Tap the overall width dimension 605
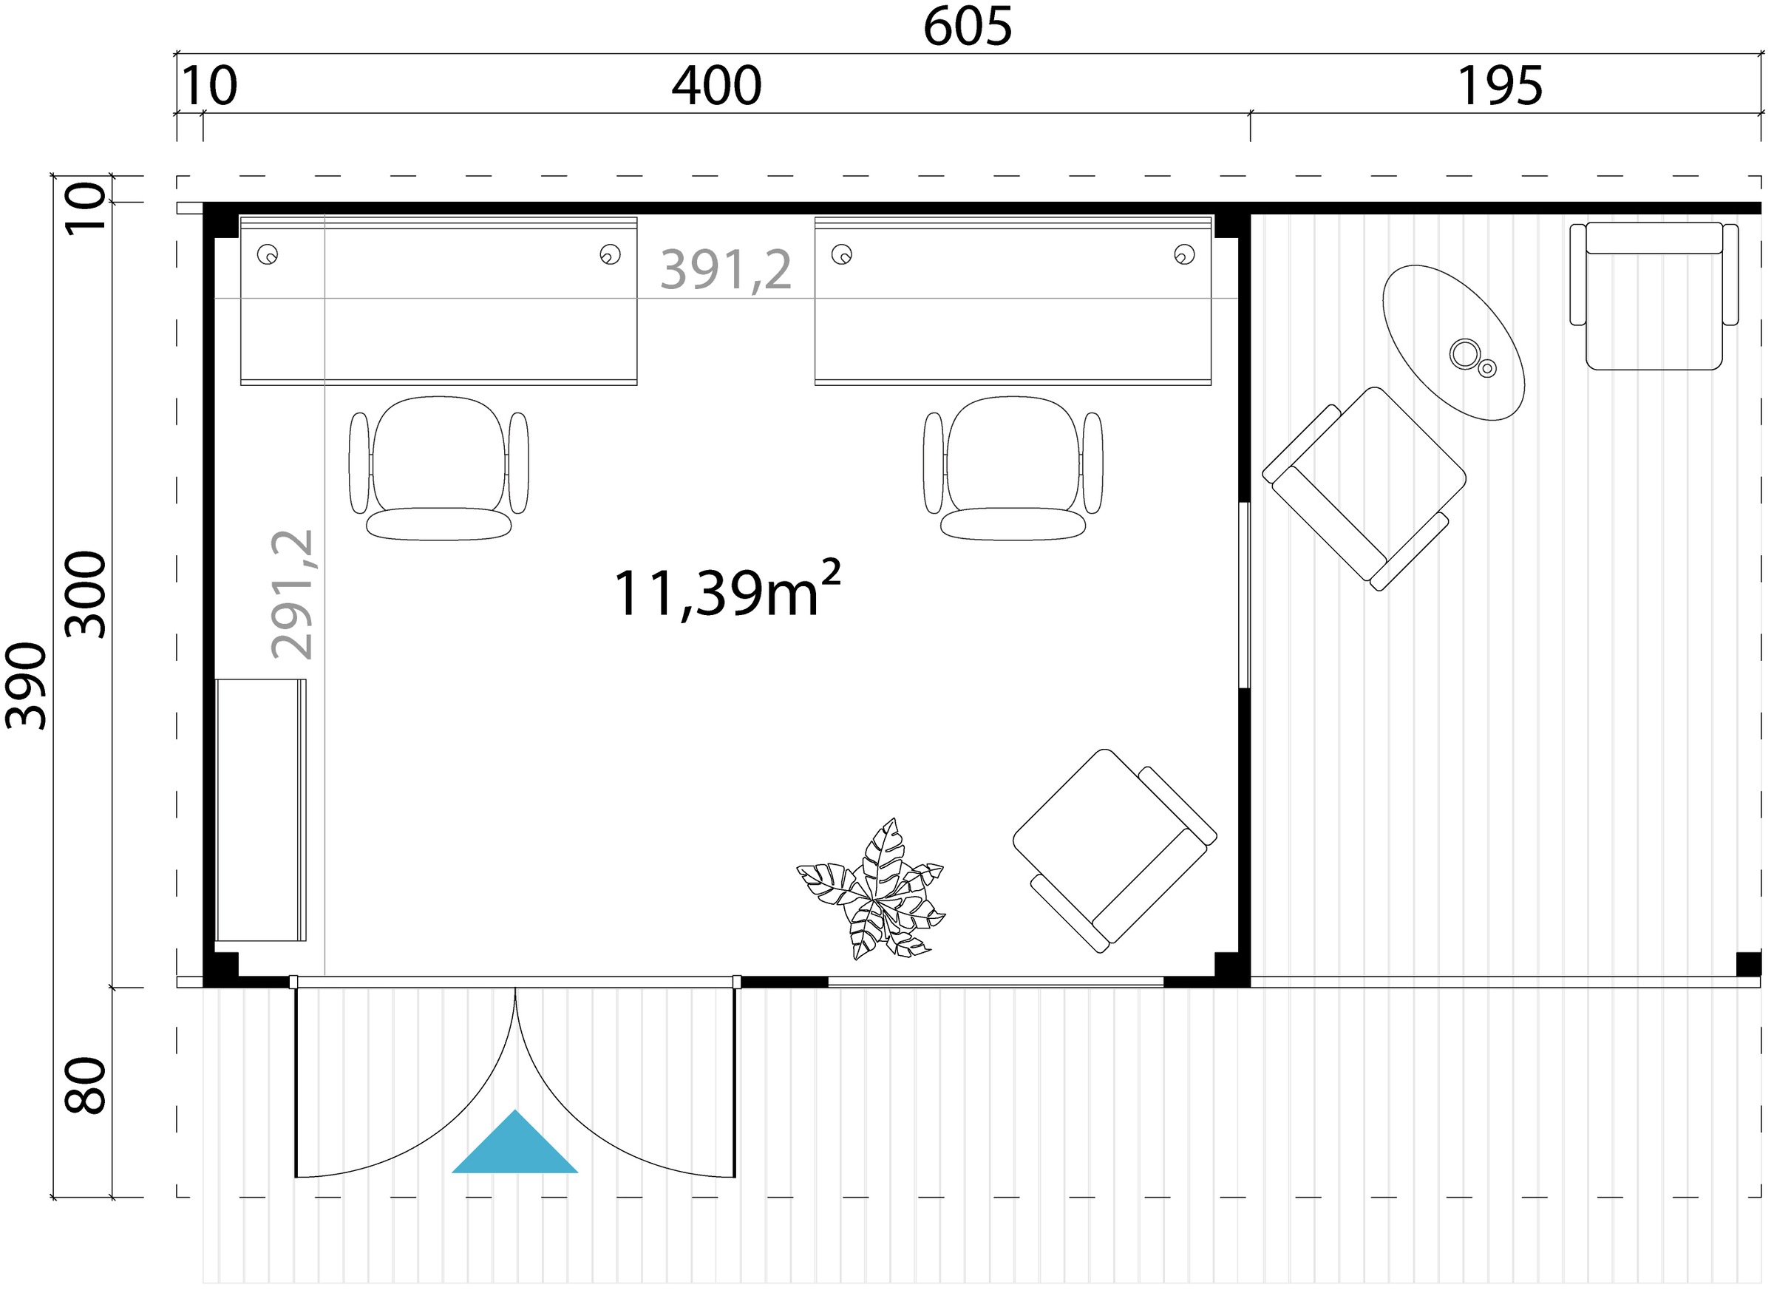pos(968,26)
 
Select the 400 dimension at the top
pos(716,86)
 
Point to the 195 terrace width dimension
pos(1501,86)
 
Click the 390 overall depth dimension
pos(26,686)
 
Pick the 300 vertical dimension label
pos(85,594)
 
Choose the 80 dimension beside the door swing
pos(85,1085)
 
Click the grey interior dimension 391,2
pos(726,270)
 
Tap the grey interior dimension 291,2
pos(292,594)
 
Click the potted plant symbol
pos(872,889)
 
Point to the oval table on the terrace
pos(1453,342)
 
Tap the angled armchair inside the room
pos(1115,850)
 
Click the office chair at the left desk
pos(439,468)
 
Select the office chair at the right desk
pos(1013,468)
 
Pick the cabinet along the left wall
pos(260,809)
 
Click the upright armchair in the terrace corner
pos(1654,296)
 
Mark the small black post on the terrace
pos(1748,964)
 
